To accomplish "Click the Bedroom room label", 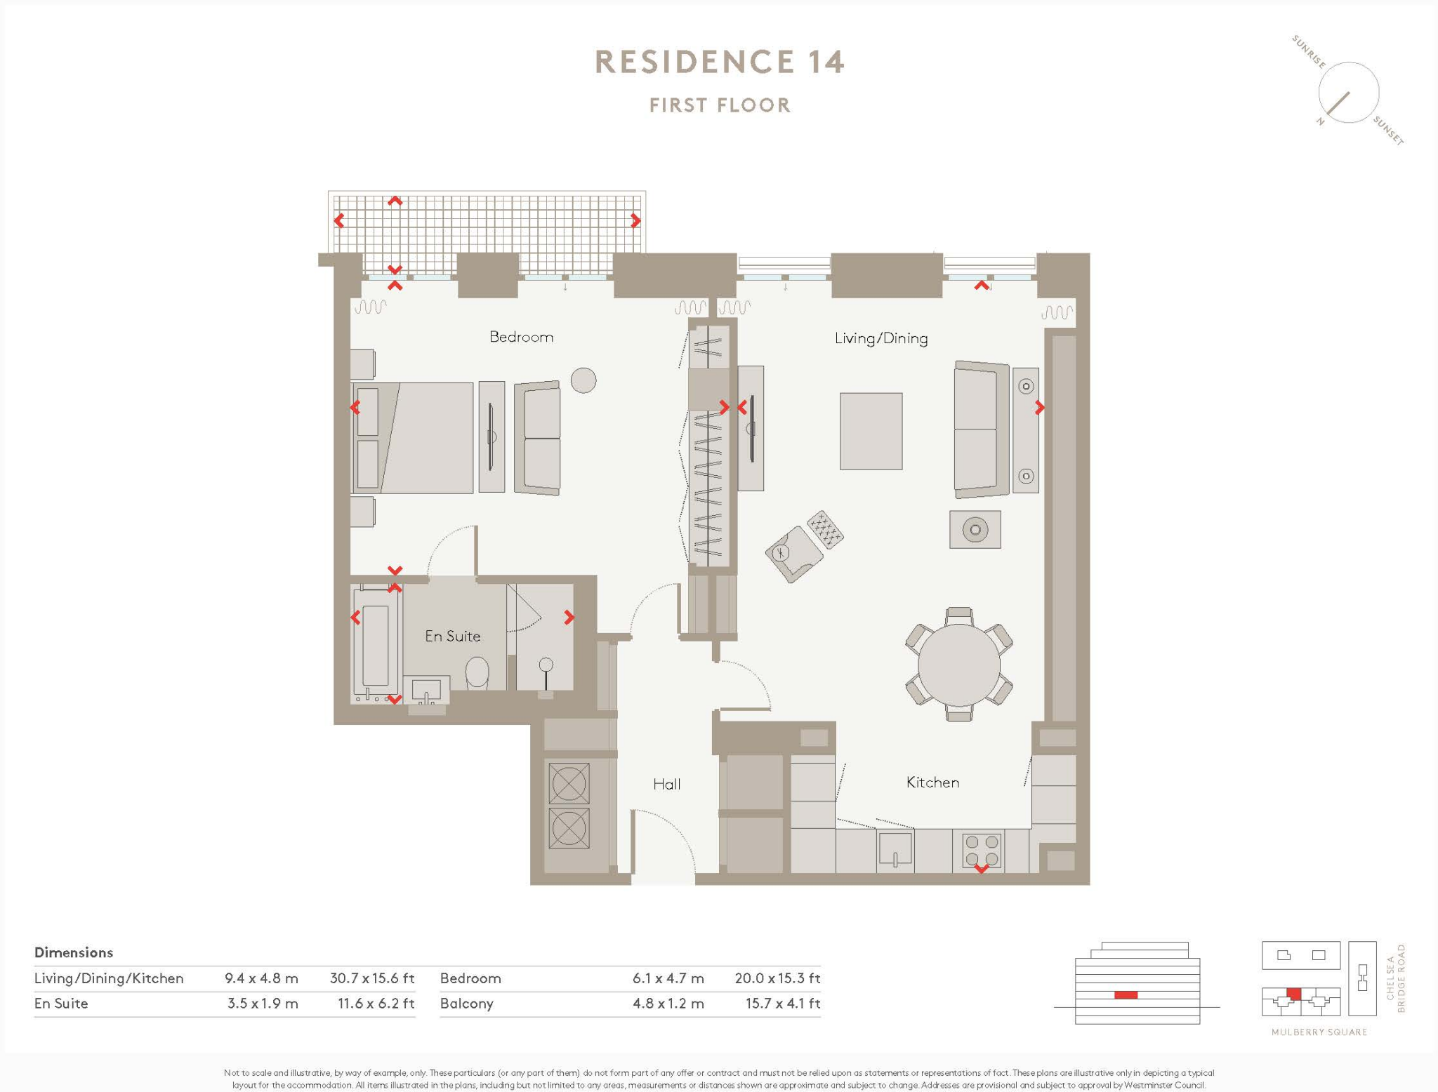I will pos(521,337).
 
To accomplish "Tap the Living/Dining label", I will pos(880,338).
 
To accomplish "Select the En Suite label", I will pos(453,636).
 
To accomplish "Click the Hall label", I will pos(666,784).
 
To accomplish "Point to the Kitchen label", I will pos(932,782).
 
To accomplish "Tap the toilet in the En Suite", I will pos(477,672).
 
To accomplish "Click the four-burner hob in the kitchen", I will pos(981,851).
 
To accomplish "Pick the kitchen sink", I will pos(895,849).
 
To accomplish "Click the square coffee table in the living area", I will pos(871,431).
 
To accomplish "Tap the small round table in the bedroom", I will pos(583,380).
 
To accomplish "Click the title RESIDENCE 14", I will pos(719,62).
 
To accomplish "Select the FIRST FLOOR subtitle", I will pos(720,105).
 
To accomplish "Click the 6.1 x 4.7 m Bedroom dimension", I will pos(668,978).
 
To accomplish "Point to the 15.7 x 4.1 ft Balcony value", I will pos(782,1003).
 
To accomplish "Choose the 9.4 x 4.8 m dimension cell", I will pos(261,978).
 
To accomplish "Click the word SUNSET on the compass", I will pos(1388,131).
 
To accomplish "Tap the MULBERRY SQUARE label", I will pos(1319,1032).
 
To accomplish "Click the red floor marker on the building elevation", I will pos(1126,994).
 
